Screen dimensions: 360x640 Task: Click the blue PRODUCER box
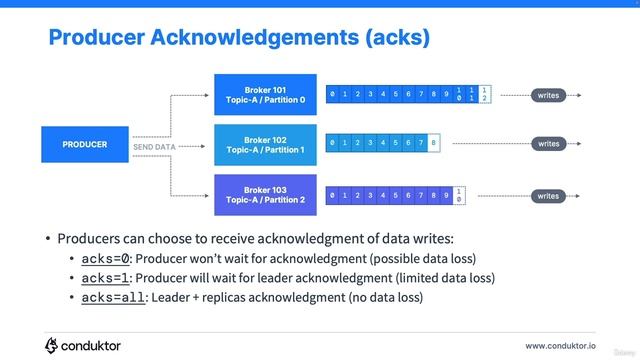[85, 145]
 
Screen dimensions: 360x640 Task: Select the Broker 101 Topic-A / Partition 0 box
[265, 95]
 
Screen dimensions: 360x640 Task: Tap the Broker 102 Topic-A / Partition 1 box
[265, 145]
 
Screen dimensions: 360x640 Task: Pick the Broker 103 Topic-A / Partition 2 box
[265, 195]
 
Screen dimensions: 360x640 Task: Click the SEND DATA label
[154, 147]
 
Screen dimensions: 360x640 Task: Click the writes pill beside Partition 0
[549, 95]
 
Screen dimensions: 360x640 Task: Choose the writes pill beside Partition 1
[549, 144]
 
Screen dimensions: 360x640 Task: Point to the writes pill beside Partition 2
[549, 196]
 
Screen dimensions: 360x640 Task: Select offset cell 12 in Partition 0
[485, 95]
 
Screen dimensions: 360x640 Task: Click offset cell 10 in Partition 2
[459, 196]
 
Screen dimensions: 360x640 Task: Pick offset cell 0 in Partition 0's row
[333, 95]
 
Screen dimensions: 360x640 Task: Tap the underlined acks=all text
[113, 297]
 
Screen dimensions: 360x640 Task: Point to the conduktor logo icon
[52, 345]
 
